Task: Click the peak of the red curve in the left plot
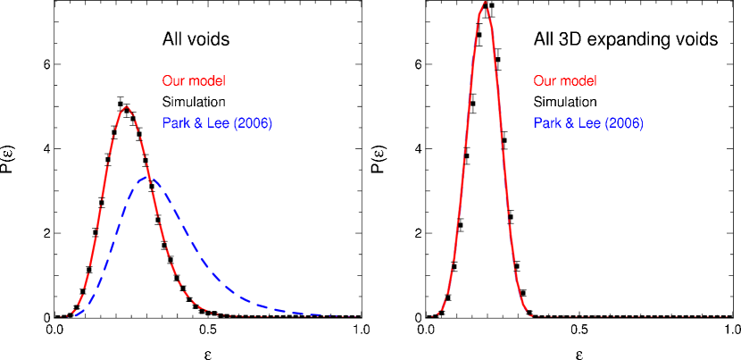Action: point(127,106)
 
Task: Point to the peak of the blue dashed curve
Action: point(149,178)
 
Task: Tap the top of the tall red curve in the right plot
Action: point(485,3)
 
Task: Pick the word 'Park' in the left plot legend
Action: point(176,123)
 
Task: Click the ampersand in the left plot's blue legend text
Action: point(197,123)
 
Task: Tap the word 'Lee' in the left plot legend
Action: point(216,123)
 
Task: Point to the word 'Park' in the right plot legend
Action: point(547,123)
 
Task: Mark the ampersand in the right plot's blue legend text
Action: point(569,123)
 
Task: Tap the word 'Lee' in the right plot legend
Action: point(587,123)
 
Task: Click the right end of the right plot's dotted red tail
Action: point(729,316)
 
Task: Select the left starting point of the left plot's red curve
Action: point(61,316)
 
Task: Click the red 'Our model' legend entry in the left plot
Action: point(194,81)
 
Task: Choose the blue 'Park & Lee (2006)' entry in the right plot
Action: point(588,123)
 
